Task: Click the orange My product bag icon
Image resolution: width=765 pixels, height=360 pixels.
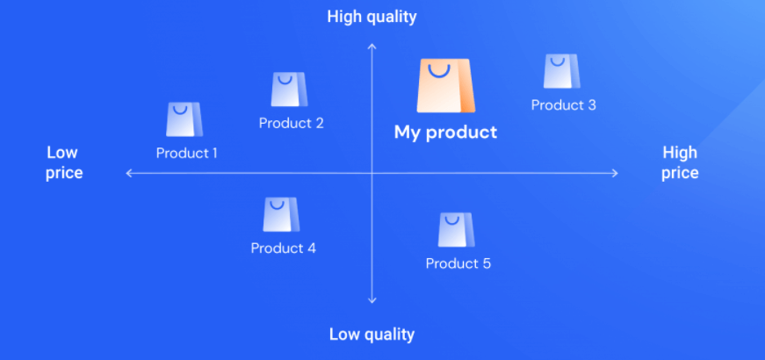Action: point(445,86)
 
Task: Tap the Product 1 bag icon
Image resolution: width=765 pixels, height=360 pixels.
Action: point(184,119)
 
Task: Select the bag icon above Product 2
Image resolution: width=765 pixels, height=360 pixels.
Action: point(289,90)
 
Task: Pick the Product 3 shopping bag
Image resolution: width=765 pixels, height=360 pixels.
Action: point(562,71)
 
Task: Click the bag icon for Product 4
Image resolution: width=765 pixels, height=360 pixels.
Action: point(282,214)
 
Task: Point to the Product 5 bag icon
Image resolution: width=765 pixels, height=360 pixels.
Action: point(456,230)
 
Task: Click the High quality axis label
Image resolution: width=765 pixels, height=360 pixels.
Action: point(372,17)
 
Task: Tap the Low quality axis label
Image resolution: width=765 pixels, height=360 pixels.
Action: point(372,335)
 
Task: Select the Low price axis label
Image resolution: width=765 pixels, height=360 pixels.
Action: point(64,163)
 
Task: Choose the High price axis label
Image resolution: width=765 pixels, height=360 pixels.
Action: point(680,163)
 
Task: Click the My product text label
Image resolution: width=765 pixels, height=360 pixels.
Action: point(445,133)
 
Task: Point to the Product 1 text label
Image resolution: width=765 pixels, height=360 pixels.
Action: point(186,153)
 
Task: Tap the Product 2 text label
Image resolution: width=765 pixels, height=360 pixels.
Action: point(292,123)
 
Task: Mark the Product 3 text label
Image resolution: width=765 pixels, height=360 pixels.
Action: point(564,104)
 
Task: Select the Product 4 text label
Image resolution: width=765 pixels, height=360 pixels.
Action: point(284,248)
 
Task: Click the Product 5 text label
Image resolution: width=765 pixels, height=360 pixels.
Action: point(458,263)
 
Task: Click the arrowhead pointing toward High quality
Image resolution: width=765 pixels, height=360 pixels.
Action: point(372,46)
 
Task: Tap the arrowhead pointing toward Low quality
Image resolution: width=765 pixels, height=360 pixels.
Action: point(372,300)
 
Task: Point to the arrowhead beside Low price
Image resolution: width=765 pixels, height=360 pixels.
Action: point(129,173)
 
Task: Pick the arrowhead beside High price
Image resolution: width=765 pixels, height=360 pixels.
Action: point(615,173)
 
